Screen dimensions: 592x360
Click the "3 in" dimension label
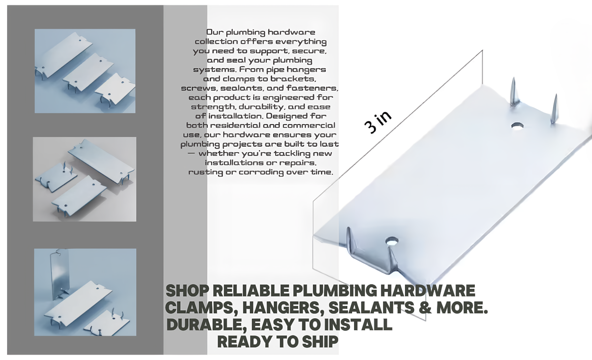click(x=378, y=122)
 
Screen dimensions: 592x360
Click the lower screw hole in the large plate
click(x=392, y=241)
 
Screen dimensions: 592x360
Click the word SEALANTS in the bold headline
click(x=371, y=307)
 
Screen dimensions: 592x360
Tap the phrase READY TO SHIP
click(x=278, y=341)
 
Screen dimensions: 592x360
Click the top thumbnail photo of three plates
click(x=85, y=71)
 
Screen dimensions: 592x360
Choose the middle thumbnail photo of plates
click(x=84, y=179)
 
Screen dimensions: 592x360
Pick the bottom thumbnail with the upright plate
click(x=85, y=292)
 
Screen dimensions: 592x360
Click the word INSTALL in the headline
click(x=358, y=324)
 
